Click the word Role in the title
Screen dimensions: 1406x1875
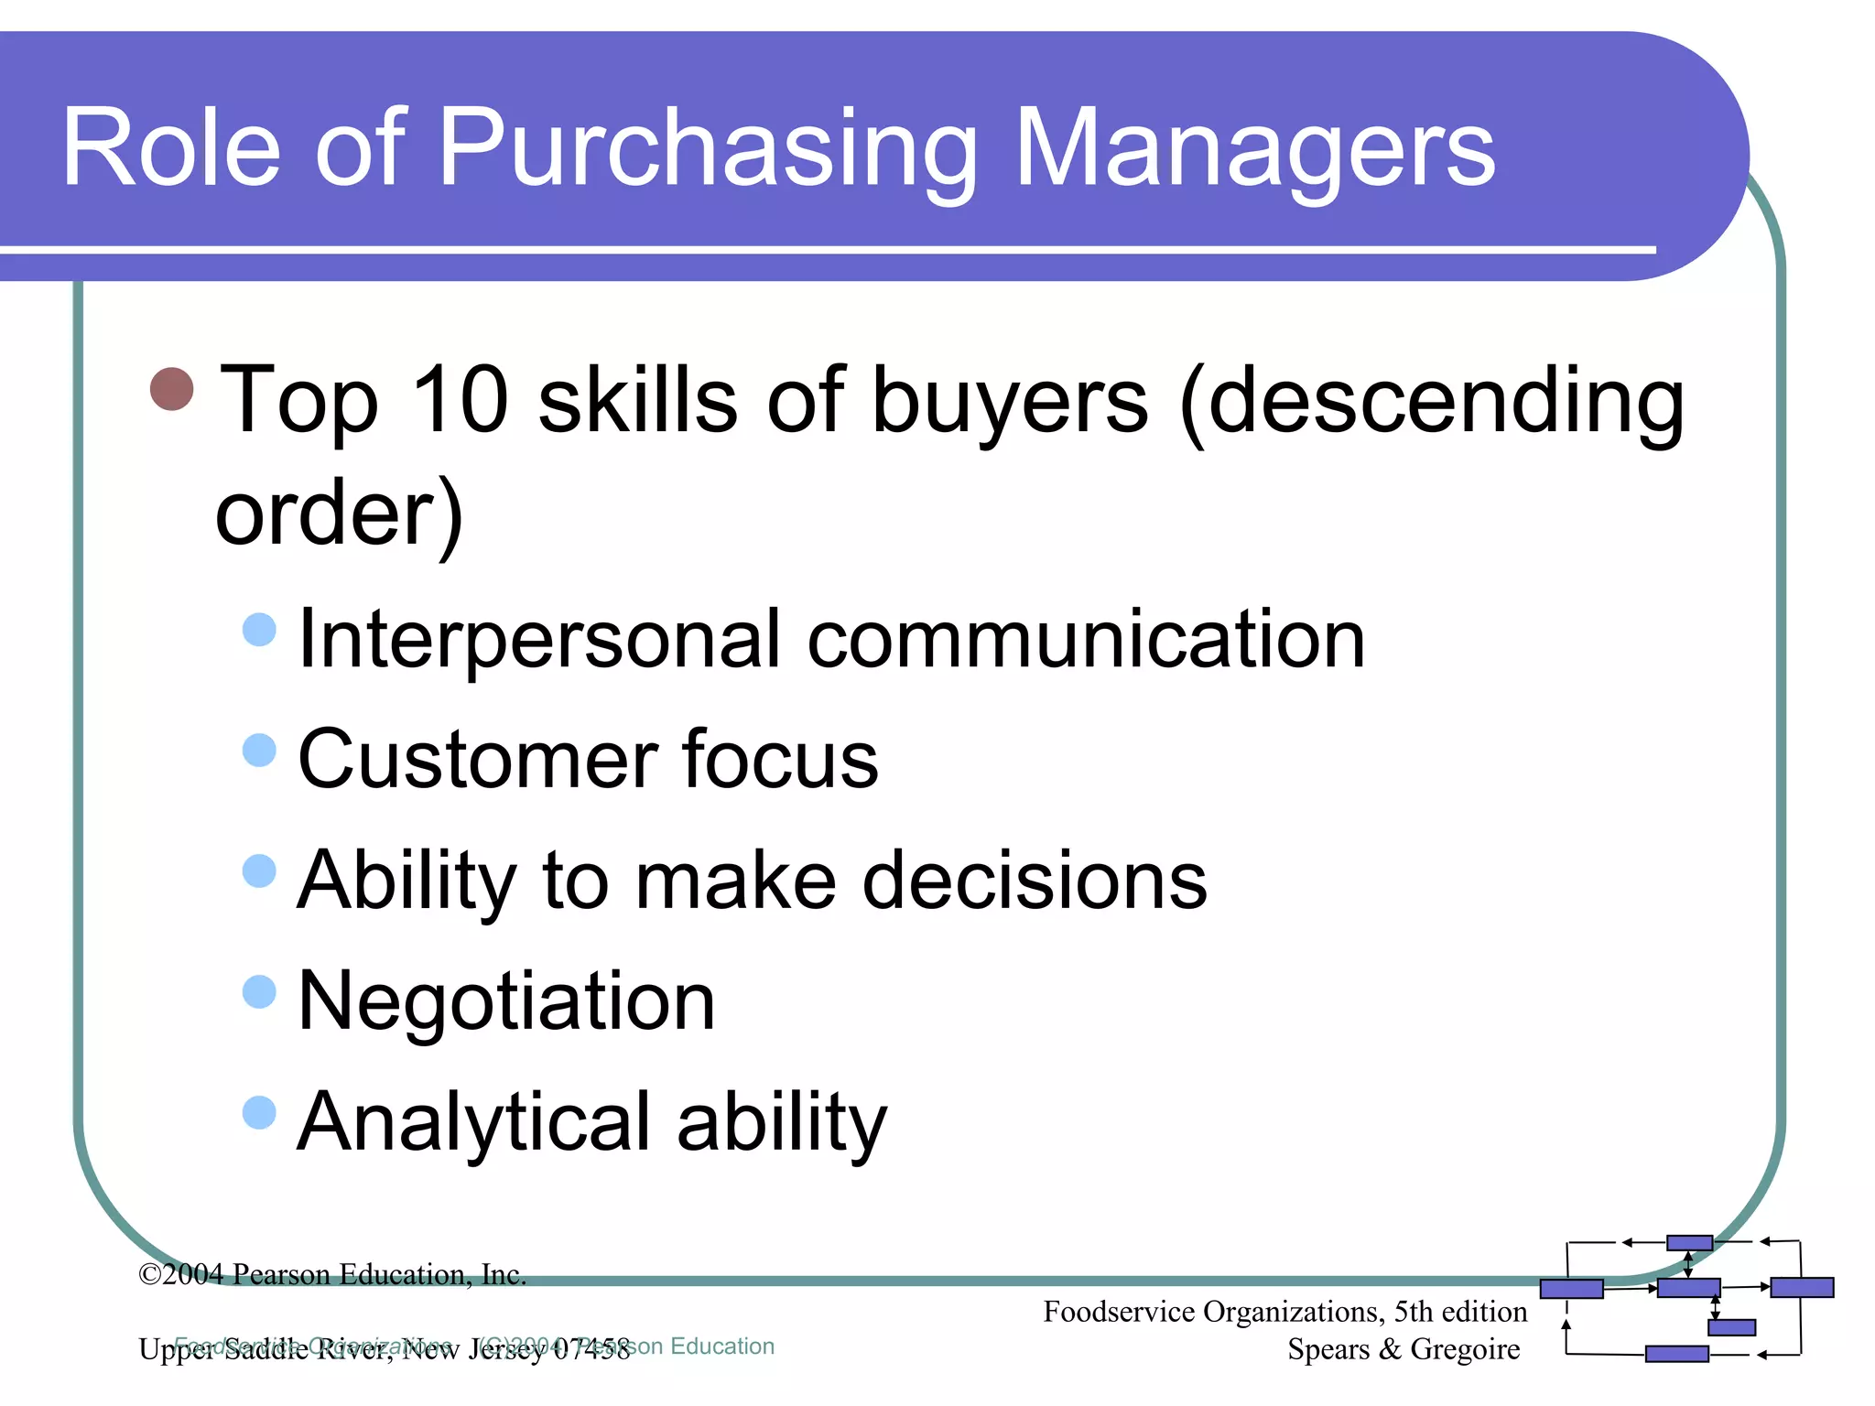click(171, 148)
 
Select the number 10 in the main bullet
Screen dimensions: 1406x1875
click(460, 400)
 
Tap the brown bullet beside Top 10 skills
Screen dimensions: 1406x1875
click(172, 389)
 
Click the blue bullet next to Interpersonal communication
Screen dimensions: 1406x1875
click(260, 630)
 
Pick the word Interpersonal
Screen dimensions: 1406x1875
click(539, 641)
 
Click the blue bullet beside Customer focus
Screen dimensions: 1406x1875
click(260, 751)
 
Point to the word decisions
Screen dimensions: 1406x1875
click(1035, 881)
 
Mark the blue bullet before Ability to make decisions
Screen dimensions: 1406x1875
click(260, 871)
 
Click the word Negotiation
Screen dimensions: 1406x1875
click(506, 1002)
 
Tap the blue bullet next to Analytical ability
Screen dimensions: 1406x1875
click(260, 1113)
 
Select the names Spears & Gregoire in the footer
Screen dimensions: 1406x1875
click(1403, 1349)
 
